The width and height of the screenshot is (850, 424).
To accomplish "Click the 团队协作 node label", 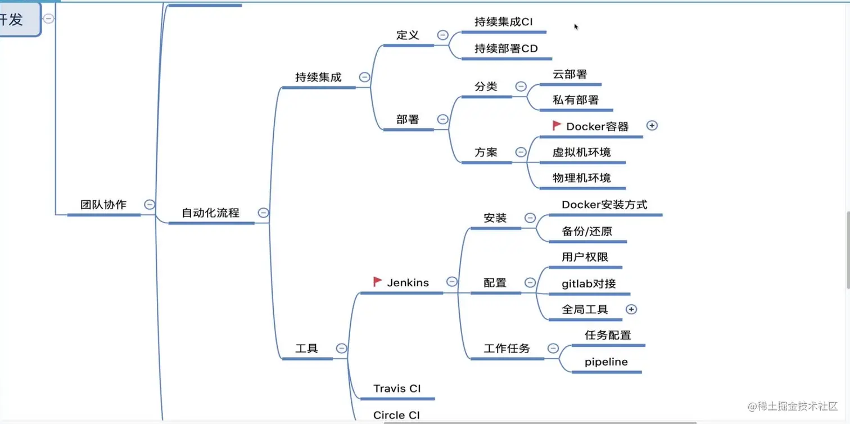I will (103, 205).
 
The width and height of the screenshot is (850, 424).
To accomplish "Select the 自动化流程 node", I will (210, 213).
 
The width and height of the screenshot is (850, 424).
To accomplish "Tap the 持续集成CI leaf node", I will (503, 22).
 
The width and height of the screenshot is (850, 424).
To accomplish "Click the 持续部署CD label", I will (506, 48).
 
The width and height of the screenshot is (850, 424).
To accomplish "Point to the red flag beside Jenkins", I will (378, 282).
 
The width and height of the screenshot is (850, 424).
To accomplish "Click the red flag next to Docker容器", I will (557, 126).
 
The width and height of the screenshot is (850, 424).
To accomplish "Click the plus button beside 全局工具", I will (631, 309).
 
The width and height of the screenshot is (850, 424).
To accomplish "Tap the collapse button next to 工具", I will (341, 348).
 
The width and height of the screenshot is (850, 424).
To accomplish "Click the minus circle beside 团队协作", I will (150, 205).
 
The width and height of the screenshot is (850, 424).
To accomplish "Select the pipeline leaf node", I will (606, 362).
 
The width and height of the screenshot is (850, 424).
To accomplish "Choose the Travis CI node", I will (397, 389).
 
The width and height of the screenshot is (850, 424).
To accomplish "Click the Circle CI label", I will (396, 415).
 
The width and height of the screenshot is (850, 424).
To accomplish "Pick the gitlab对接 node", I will (589, 283).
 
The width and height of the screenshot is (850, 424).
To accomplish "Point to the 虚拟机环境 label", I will (581, 152).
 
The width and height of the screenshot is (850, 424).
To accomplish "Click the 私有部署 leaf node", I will (576, 100).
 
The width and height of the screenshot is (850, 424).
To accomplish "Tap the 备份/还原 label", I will (587, 231).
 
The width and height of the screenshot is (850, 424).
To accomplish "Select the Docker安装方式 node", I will (604, 205).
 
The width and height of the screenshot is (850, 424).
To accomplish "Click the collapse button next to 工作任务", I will (553, 348).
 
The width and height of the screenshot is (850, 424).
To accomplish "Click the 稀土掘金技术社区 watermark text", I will (793, 406).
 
